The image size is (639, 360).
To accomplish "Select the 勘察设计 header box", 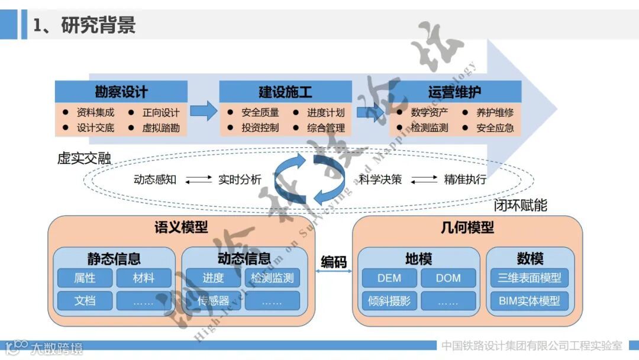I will pos(121,92).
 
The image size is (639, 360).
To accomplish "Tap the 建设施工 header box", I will pos(285,92).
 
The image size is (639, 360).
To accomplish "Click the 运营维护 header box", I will pos(454,92).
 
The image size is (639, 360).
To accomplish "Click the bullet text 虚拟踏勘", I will pos(161,127).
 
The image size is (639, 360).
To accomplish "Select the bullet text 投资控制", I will pos(260,127).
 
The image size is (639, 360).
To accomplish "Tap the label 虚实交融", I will pos(84,158).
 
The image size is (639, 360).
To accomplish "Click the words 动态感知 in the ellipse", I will pos(155,179).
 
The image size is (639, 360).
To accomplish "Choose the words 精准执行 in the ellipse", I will pos(465,179).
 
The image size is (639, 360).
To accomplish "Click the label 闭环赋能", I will pos(521,205).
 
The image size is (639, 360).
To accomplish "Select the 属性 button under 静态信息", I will pos(85,278).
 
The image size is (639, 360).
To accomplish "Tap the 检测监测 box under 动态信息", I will pos(272,278).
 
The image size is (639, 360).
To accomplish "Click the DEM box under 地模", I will pos(389,278).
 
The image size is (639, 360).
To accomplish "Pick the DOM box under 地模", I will pos(448,278).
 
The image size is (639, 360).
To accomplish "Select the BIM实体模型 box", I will pos(529,301).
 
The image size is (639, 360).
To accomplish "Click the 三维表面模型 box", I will pos(529,278).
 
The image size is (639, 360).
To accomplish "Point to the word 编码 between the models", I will pos(333,261).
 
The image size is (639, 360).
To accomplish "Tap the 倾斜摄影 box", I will pos(389,301).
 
